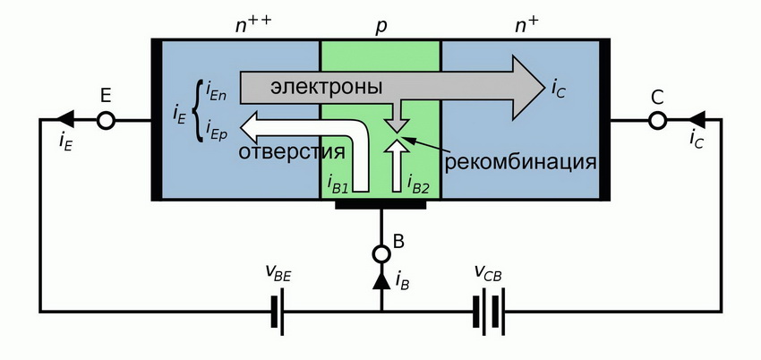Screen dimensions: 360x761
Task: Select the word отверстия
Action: click(x=292, y=152)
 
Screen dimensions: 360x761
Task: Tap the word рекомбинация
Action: click(x=521, y=163)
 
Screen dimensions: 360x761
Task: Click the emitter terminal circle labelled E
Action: click(x=106, y=120)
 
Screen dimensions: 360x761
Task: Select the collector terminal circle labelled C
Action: click(x=656, y=120)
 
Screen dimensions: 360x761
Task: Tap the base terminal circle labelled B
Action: click(x=381, y=254)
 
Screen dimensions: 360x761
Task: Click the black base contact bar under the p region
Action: click(x=381, y=204)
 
